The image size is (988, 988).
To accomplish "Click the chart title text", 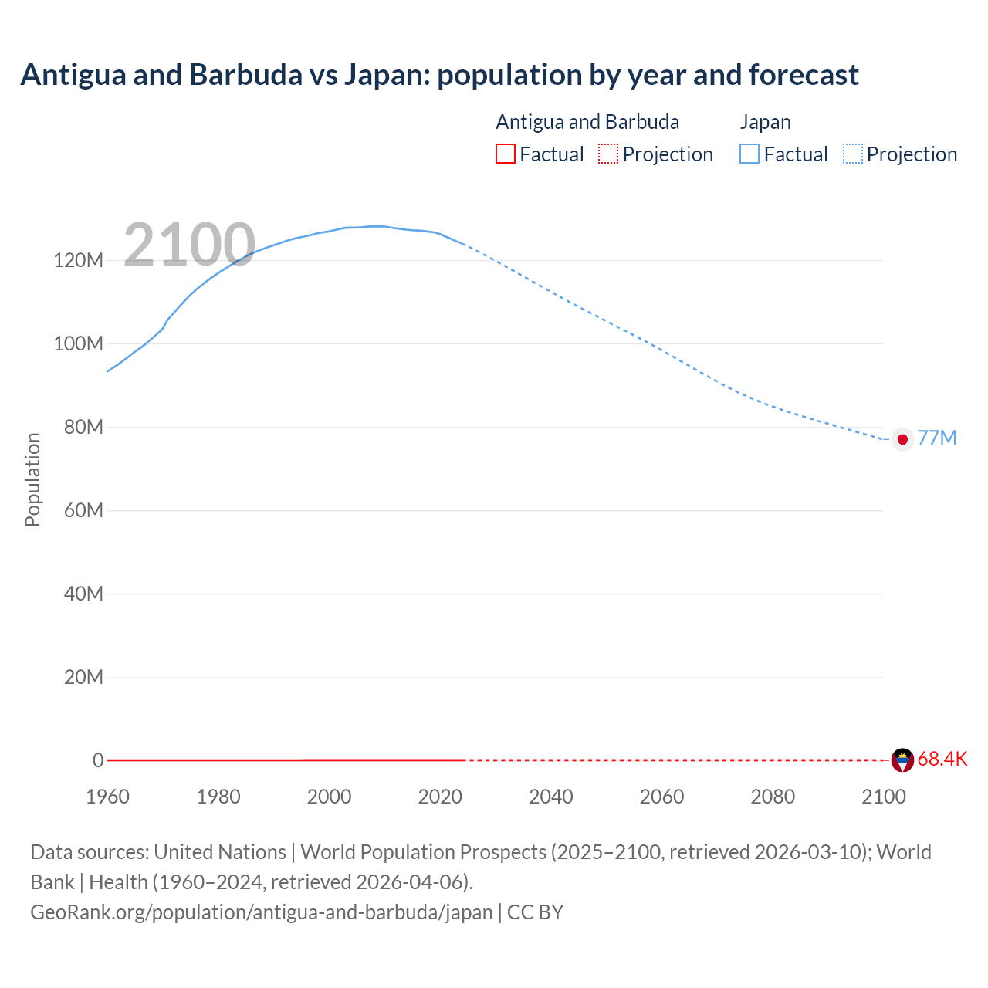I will (x=439, y=75).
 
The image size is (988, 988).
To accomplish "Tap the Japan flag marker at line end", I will (x=902, y=439).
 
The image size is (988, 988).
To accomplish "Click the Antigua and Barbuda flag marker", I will (x=902, y=760).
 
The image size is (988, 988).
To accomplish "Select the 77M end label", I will (x=937, y=438).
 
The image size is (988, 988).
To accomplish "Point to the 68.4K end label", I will (x=942, y=760).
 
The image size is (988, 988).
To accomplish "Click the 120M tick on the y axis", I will (x=78, y=260).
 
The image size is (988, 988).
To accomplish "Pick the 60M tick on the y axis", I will (x=83, y=510).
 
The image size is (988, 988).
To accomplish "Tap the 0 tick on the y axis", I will (x=98, y=760).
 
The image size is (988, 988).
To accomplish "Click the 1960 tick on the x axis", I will (x=107, y=797).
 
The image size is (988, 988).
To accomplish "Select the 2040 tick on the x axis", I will (x=550, y=797).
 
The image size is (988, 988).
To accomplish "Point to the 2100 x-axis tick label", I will (x=883, y=797).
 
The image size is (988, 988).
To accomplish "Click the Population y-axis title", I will (x=32, y=479).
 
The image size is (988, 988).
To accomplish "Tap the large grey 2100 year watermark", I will (x=189, y=245).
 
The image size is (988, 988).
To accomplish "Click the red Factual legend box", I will (x=505, y=154).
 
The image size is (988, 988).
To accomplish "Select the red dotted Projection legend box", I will (x=608, y=154).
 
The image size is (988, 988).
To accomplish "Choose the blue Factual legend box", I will (x=749, y=154).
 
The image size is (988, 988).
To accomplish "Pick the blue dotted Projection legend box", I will (x=852, y=154).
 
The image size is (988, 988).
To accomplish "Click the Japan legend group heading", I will (x=765, y=122).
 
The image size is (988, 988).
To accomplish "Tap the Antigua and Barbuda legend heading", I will (x=587, y=122).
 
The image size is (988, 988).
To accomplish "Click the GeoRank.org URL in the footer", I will (x=261, y=912).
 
